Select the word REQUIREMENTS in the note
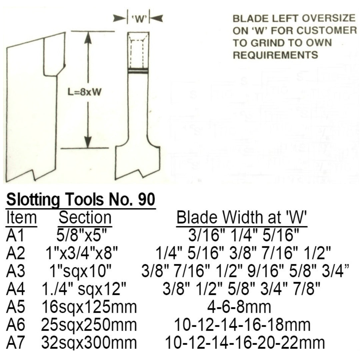click(x=275, y=55)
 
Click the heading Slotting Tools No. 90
click(x=81, y=200)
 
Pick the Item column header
click(x=21, y=218)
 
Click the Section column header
click(x=85, y=218)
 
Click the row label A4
click(x=15, y=289)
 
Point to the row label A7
click(x=15, y=342)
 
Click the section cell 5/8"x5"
click(x=82, y=236)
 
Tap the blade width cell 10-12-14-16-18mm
click(x=242, y=325)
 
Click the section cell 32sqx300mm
click(x=89, y=342)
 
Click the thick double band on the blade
click(x=138, y=71)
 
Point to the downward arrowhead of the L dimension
click(x=88, y=142)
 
